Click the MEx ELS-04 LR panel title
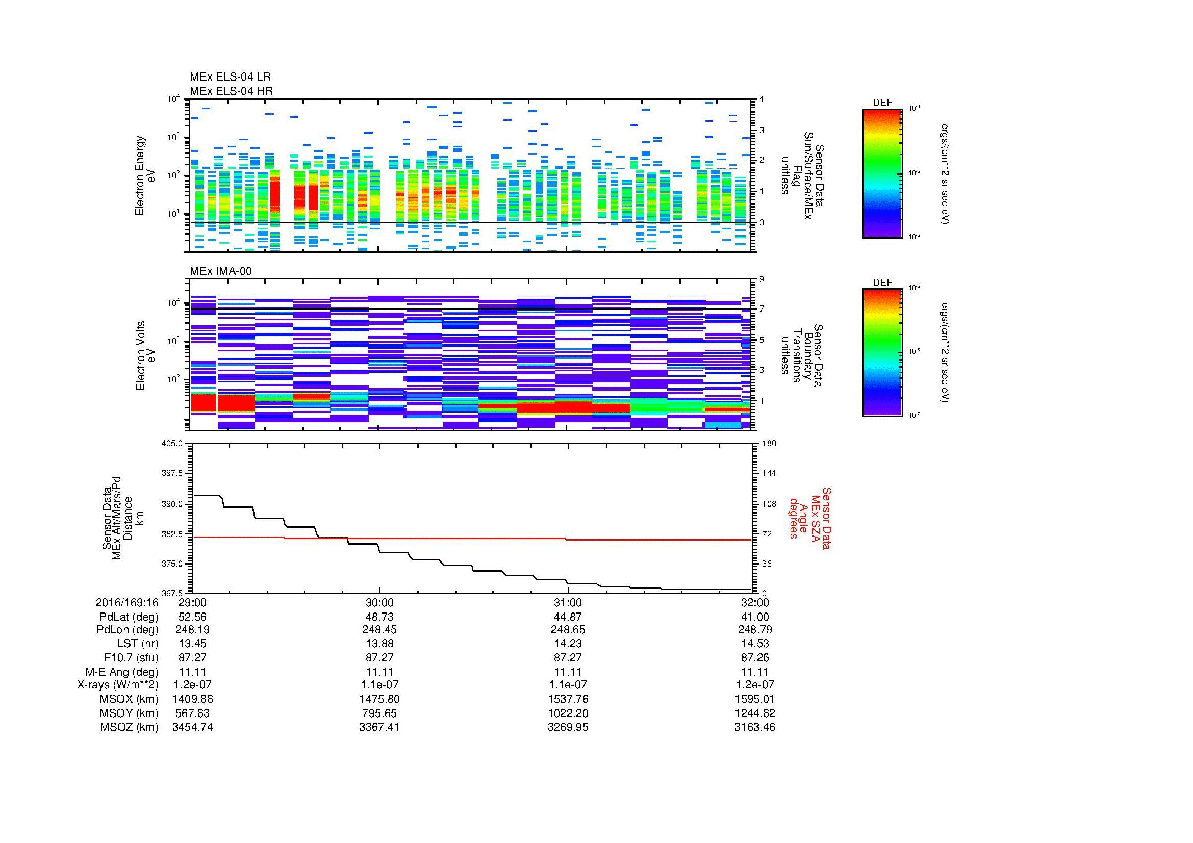230,78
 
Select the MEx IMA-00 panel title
221,271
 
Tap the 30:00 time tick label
379,603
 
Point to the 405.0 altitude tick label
173,444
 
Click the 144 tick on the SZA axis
769,473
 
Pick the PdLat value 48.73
379,617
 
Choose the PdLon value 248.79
754,630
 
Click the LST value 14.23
567,644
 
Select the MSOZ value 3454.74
192,727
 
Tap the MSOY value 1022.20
567,713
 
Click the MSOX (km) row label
129,699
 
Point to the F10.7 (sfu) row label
131,657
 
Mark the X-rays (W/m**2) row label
117,685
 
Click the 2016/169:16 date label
127,603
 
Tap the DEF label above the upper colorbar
882,103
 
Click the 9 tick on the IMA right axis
762,279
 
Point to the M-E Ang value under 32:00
754,672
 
